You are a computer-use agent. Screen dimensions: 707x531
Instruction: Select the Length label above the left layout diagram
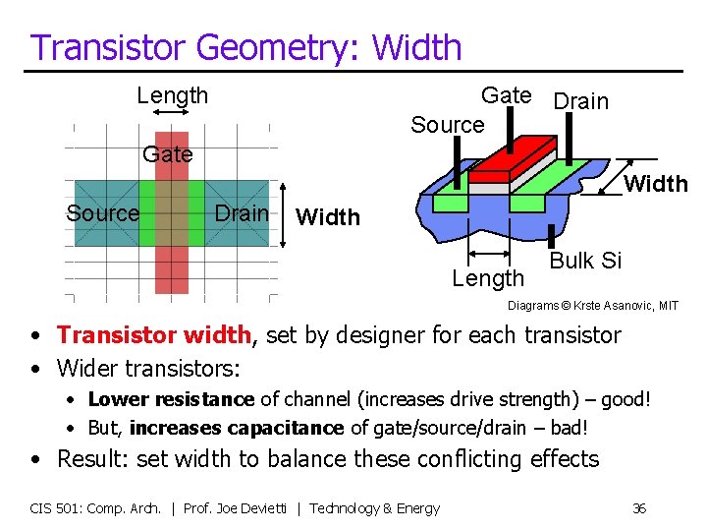(x=173, y=95)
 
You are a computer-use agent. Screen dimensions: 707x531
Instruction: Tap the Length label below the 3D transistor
(x=488, y=278)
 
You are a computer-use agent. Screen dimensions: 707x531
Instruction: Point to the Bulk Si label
(x=586, y=261)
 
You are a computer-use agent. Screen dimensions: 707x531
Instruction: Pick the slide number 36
(x=639, y=508)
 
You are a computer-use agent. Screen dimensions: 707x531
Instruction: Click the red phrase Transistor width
(x=153, y=335)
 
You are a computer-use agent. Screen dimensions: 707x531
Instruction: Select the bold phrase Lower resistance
(x=171, y=399)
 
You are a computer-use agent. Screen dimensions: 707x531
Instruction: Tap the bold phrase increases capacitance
(x=237, y=428)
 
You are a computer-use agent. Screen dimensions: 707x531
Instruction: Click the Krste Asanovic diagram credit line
(x=592, y=306)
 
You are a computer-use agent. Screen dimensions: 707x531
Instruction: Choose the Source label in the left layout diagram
(x=102, y=213)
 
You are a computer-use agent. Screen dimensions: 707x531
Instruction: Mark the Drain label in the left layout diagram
(x=242, y=213)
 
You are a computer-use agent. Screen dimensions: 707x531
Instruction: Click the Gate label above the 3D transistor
(x=506, y=95)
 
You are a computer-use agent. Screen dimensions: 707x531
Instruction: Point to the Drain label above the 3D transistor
(x=581, y=101)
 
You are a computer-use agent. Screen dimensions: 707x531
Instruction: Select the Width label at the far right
(x=656, y=184)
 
